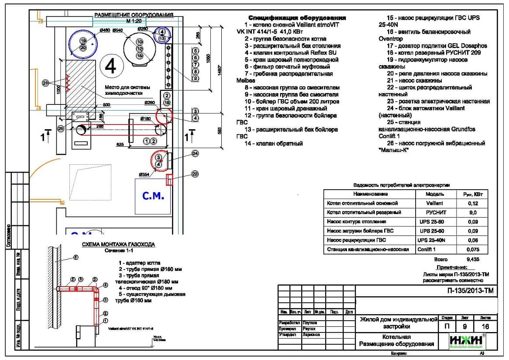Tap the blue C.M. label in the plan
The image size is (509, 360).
point(153,197)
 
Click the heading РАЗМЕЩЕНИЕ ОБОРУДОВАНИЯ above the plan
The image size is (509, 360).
point(134,15)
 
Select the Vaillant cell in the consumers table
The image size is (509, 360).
point(434,203)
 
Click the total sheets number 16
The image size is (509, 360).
point(485,326)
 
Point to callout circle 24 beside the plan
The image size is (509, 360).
point(195,153)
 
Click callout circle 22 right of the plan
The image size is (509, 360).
point(195,174)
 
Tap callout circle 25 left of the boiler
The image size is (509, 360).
point(60,129)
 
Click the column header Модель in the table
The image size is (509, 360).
point(434,194)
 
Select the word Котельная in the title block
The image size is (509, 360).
point(396,337)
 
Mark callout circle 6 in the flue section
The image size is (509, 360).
point(75,258)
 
